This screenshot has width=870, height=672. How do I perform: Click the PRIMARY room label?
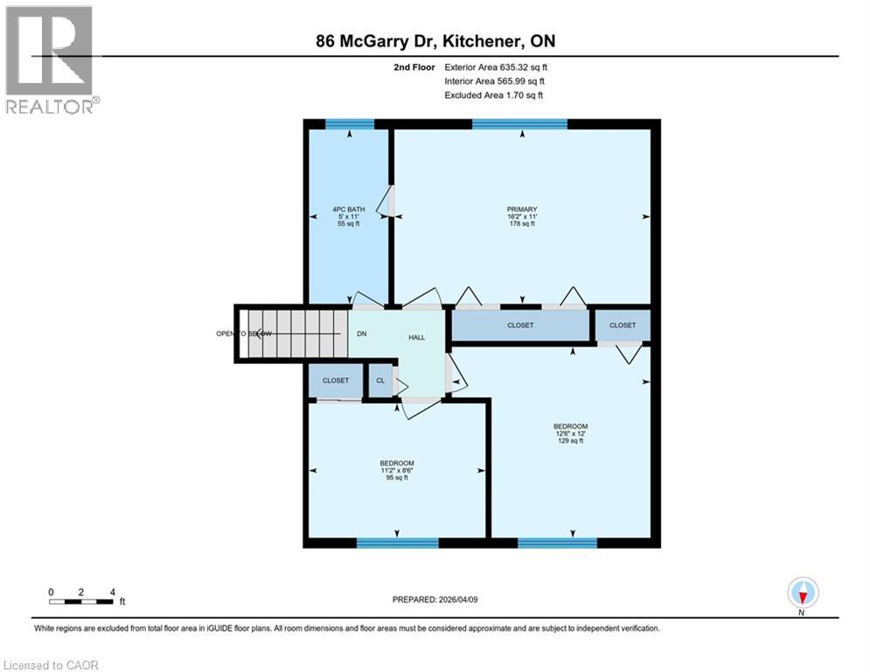pos(521,209)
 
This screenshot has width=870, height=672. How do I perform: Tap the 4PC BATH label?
pos(349,209)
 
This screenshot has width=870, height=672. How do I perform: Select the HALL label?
pos(416,337)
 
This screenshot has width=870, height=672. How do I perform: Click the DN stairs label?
pos(361,333)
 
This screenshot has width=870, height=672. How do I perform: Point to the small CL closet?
pos(380,381)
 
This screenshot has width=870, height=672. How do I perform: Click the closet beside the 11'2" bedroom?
pos(335,381)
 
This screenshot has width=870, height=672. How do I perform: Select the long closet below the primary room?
pos(520,325)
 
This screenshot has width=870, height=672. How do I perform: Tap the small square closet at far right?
pos(623,325)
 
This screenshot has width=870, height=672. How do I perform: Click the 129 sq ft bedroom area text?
pos(569,441)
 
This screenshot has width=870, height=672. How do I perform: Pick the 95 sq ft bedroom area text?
pos(396,478)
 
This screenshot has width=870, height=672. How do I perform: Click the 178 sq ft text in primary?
pos(521,224)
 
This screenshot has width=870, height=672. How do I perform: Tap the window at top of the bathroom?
pos(350,123)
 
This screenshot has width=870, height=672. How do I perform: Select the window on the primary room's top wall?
pos(519,123)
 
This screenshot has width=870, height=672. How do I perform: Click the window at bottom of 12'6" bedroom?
pos(557,542)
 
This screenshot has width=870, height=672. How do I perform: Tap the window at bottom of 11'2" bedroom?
pos(397,542)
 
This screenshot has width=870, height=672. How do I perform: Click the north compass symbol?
pos(802,593)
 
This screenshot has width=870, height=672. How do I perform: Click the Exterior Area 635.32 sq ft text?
pos(496,66)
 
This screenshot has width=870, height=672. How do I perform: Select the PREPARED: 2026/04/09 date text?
pos(435,599)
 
